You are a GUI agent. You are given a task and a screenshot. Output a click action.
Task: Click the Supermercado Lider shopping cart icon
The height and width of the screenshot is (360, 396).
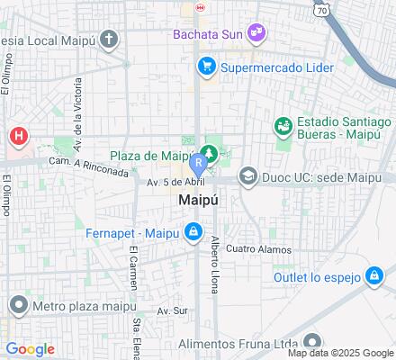coord(206,66)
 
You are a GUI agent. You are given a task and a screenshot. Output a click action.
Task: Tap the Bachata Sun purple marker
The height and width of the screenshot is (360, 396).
coord(256,32)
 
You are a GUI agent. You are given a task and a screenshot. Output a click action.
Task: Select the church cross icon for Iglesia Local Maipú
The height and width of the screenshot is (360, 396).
coord(109,39)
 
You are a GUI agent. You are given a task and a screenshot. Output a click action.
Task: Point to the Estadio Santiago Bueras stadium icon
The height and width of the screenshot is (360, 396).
coord(283,125)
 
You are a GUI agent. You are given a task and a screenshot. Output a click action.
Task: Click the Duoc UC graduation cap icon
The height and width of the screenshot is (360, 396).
coord(247,177)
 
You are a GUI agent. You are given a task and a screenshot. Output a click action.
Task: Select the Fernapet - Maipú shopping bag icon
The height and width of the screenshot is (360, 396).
coord(193,233)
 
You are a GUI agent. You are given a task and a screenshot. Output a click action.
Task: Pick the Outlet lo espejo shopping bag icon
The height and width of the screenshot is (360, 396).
coord(372,276)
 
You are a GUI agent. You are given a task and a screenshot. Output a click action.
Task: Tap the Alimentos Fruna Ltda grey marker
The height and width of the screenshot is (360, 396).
coord(311,341)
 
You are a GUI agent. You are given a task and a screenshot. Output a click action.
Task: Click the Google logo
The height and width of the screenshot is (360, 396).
coord(30,349)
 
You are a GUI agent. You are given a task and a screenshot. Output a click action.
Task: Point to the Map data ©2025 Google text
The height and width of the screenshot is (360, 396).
coord(339,352)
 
